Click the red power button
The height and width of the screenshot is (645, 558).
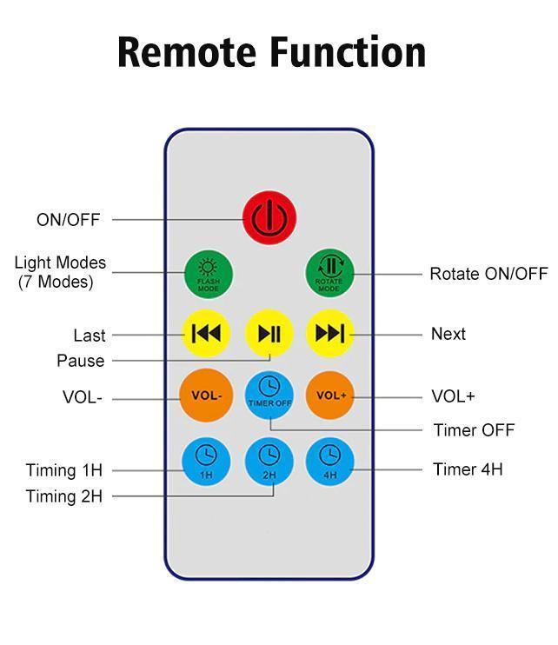pos(269,217)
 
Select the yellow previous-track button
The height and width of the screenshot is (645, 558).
pos(206,333)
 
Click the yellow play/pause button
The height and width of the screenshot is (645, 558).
pos(269,333)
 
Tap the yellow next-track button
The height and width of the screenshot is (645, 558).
pos(330,333)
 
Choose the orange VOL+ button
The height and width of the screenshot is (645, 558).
pos(330,396)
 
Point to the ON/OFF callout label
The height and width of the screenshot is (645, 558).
pos(68,220)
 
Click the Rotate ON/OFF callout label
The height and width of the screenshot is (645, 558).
pos(488,274)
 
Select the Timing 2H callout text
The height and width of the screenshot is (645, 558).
pos(63,496)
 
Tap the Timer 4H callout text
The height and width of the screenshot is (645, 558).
pos(468,469)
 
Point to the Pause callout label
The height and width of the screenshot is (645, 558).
pos(80,361)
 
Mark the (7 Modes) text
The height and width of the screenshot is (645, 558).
pos(56,283)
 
